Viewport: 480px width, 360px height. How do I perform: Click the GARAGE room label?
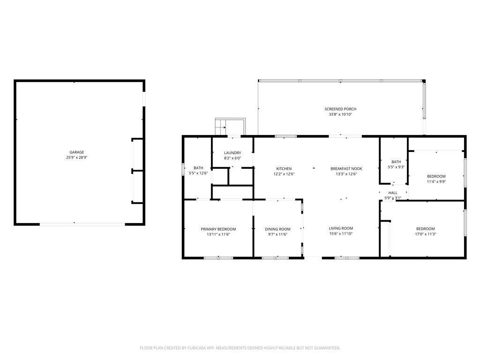[76, 152]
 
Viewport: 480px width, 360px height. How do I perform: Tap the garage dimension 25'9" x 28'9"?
[76, 157]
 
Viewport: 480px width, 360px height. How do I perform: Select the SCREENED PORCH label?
[340, 109]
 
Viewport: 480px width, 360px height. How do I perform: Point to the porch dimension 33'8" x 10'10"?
[340, 114]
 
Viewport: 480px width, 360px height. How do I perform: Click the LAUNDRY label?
[232, 153]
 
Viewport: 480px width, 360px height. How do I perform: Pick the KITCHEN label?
[284, 169]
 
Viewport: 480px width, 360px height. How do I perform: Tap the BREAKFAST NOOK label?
[346, 169]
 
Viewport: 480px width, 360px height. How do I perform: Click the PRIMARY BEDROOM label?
[218, 229]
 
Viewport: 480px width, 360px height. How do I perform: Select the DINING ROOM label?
[277, 229]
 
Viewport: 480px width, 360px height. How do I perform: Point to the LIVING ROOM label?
[341, 228]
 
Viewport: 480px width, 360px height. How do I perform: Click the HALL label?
[393, 193]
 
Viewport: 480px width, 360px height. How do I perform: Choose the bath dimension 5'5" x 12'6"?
[198, 173]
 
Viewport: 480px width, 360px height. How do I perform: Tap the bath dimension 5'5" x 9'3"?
[396, 167]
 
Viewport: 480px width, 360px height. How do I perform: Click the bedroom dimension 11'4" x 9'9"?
[436, 181]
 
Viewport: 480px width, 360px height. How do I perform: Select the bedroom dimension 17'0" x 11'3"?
[426, 234]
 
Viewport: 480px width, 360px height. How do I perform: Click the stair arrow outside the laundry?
[221, 127]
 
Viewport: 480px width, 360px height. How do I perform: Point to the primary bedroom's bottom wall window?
[218, 258]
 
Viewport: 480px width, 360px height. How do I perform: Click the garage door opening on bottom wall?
[82, 225]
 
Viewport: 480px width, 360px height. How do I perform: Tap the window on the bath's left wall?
[183, 169]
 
